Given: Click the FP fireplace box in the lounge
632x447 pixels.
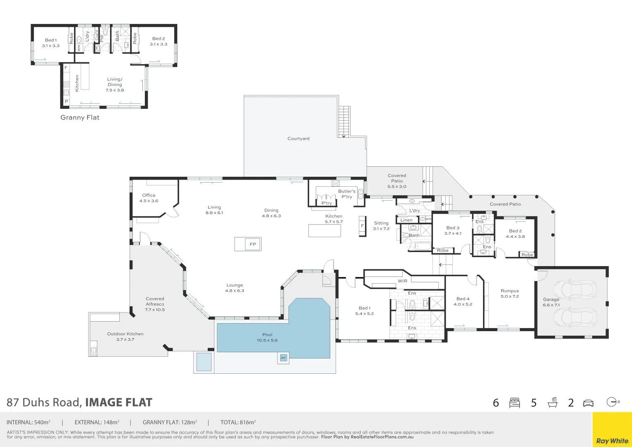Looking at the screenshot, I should pos(252,244).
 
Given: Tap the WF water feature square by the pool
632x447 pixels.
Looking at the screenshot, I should pos(284,358).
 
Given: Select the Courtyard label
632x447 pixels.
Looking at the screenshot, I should pos(298,139).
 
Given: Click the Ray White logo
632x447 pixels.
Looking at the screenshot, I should pos(612,441).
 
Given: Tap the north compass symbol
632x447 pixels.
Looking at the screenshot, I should pos(612,402).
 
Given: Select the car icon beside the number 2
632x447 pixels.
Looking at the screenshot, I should pos(588,403).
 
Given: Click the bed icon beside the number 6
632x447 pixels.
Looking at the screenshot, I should pos(514,403).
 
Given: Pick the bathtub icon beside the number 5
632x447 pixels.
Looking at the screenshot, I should pos(552,403).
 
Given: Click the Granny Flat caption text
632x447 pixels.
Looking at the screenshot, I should pos(80,118).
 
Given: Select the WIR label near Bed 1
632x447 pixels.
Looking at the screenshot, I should pos(402,281).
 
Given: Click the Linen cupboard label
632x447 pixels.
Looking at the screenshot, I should pos(406,220).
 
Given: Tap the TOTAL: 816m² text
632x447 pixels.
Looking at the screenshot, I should pos(238,423).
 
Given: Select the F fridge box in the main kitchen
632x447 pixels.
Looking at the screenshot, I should pos(362,226).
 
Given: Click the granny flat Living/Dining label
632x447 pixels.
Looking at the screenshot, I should pos(115,84).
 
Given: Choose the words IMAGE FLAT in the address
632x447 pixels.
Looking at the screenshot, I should pos(119,403).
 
